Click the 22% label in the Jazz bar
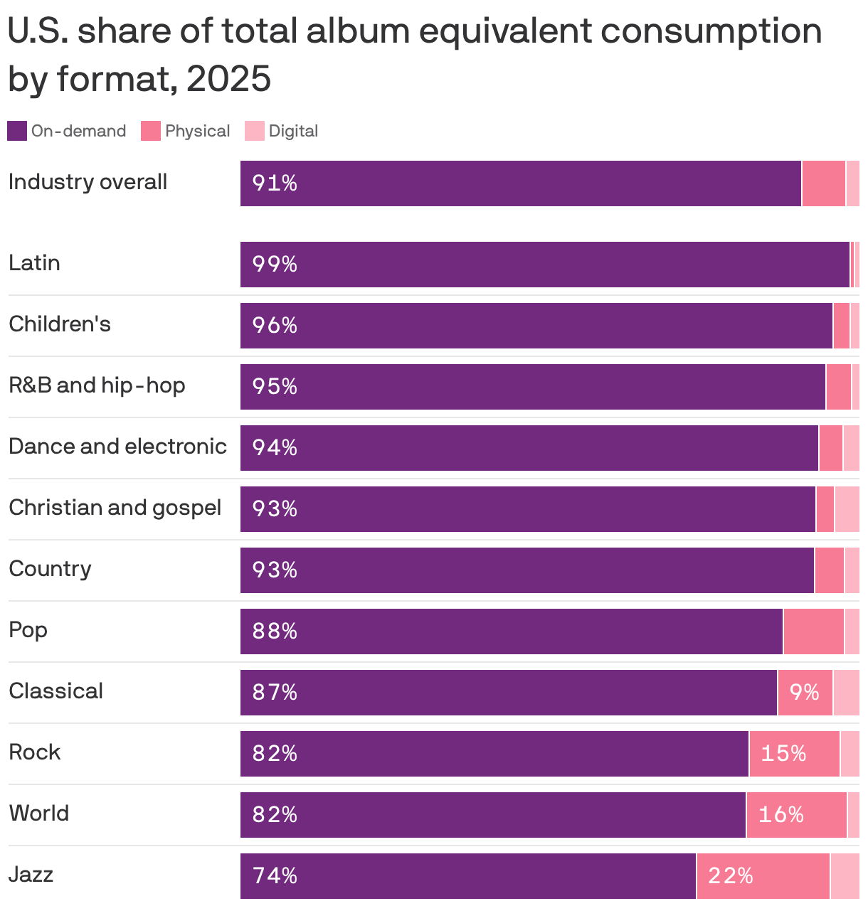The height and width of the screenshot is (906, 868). coord(730,875)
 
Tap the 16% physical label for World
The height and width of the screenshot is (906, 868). coord(780,814)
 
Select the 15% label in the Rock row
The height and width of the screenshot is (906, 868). coord(783,753)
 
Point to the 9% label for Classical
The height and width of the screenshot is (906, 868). coord(804,692)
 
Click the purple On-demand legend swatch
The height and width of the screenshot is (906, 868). coord(17,131)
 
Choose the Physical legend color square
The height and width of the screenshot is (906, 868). coord(151,131)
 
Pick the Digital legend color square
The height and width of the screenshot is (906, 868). coord(255,131)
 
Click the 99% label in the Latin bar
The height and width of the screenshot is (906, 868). coord(275,265)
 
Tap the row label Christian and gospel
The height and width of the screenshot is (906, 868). coord(115,508)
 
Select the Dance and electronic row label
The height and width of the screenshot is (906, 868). coord(117,447)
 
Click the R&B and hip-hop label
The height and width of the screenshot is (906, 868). coord(97,385)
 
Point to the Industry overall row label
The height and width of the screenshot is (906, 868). coord(88,182)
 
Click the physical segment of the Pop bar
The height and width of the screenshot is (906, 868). coord(813,631)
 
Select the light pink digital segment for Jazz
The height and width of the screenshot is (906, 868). coord(845,876)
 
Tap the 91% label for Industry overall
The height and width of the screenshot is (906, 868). coord(275,183)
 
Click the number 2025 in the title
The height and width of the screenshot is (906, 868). coord(228,78)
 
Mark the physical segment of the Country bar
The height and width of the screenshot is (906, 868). coord(829,570)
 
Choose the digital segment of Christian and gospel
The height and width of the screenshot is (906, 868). coord(847,509)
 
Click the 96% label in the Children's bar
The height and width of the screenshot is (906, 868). coord(275,326)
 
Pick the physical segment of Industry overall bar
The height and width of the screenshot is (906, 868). coord(823,183)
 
